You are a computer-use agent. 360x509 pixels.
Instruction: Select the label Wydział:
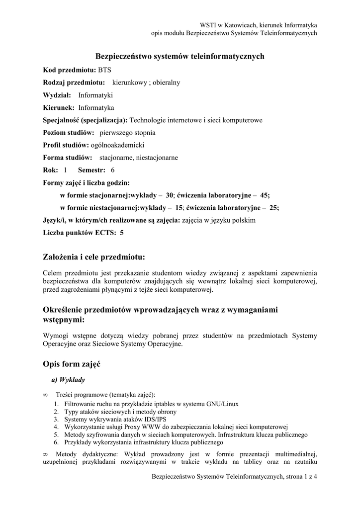tap(57, 95)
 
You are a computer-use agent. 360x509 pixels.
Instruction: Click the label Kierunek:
tap(59, 107)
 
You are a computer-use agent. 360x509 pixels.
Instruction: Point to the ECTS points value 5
tap(122, 232)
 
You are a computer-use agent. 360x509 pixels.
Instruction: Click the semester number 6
tap(112, 170)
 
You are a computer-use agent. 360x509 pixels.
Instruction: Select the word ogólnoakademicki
tap(117, 145)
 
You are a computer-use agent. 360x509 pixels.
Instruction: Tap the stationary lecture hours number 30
tap(170, 195)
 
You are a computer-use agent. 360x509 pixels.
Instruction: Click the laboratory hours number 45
tap(265, 195)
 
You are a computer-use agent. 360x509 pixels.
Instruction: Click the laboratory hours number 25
tap(274, 208)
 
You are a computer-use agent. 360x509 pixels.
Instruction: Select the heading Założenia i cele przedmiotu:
tap(94, 257)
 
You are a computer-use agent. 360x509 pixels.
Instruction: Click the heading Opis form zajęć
tap(72, 364)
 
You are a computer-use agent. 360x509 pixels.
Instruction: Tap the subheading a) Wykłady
tap(68, 380)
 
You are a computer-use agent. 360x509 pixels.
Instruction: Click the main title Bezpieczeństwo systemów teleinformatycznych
tap(180, 57)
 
